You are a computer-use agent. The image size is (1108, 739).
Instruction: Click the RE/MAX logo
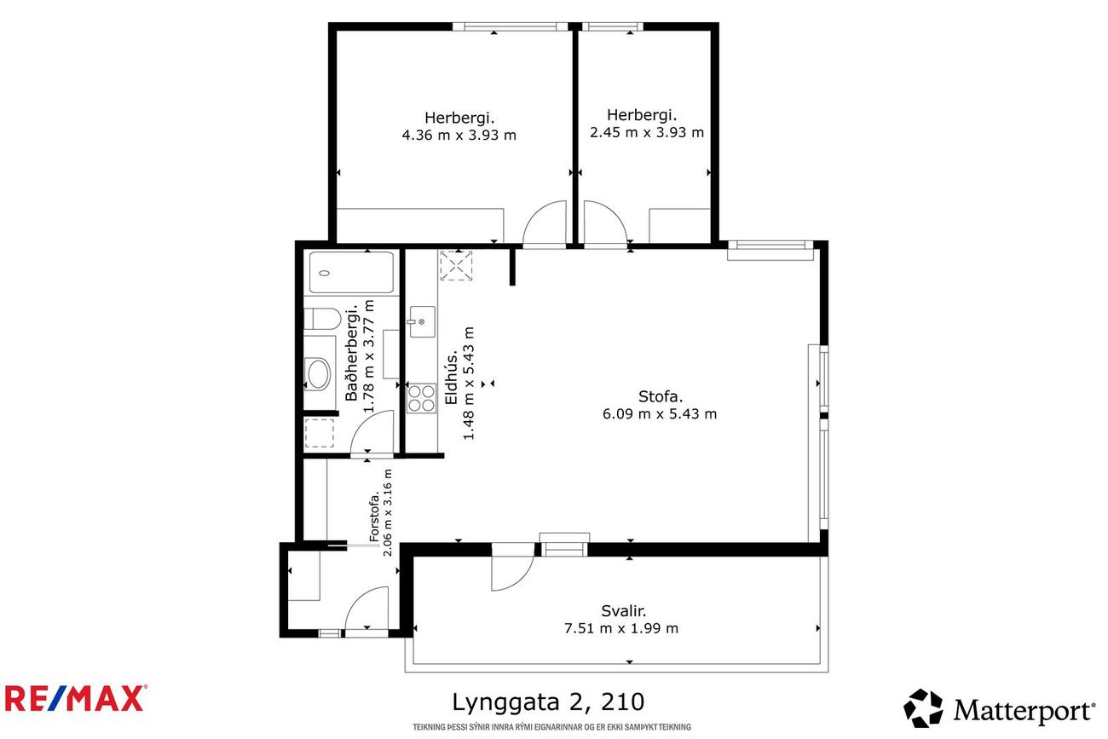[x=76, y=698]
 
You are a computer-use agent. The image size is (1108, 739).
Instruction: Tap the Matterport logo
[x=999, y=708]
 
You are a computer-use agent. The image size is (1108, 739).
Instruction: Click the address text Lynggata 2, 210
[x=548, y=702]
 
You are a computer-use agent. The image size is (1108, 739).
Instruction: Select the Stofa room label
[x=661, y=396]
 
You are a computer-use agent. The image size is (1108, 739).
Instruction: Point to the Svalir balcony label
[x=623, y=611]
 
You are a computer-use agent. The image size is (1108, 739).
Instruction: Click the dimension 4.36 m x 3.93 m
[x=459, y=135]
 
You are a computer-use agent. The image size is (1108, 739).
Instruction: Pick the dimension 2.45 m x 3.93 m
[x=647, y=132]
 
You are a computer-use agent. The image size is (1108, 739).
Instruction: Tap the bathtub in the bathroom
[x=351, y=273]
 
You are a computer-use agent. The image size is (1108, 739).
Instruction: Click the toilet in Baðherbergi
[x=322, y=319]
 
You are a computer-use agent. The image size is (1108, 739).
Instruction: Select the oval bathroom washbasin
[x=318, y=374]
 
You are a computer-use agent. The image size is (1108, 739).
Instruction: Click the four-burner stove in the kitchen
[x=421, y=398]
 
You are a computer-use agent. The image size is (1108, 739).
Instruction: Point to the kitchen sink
[x=423, y=321]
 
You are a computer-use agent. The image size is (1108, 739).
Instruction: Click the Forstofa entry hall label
[x=374, y=516]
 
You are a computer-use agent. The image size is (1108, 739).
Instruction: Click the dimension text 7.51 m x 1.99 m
[x=621, y=628]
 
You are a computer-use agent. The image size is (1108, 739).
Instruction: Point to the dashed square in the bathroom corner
[x=319, y=433]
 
